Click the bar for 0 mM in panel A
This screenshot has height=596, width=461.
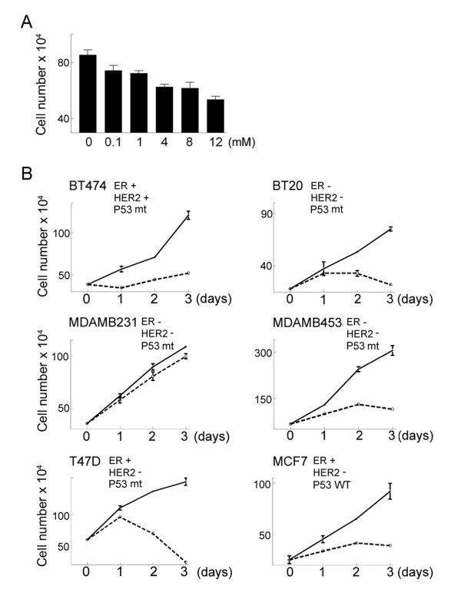88,94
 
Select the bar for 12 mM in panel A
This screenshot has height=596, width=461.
215,116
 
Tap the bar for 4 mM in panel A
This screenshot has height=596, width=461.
164,110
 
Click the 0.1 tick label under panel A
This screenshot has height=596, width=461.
113,142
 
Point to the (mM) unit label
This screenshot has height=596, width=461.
242,143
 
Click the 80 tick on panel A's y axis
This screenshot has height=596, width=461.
63,62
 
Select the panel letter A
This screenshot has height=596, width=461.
27,22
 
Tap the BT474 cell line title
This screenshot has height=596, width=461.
88,186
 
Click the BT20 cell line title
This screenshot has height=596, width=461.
288,186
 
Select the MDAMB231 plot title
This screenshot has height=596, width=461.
103,323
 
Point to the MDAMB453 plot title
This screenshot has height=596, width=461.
307,323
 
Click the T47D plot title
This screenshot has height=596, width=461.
85,462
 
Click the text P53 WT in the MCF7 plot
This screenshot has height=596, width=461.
330,485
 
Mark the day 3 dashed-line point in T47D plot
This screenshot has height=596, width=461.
186,562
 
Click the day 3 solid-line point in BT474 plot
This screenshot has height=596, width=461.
188,216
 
